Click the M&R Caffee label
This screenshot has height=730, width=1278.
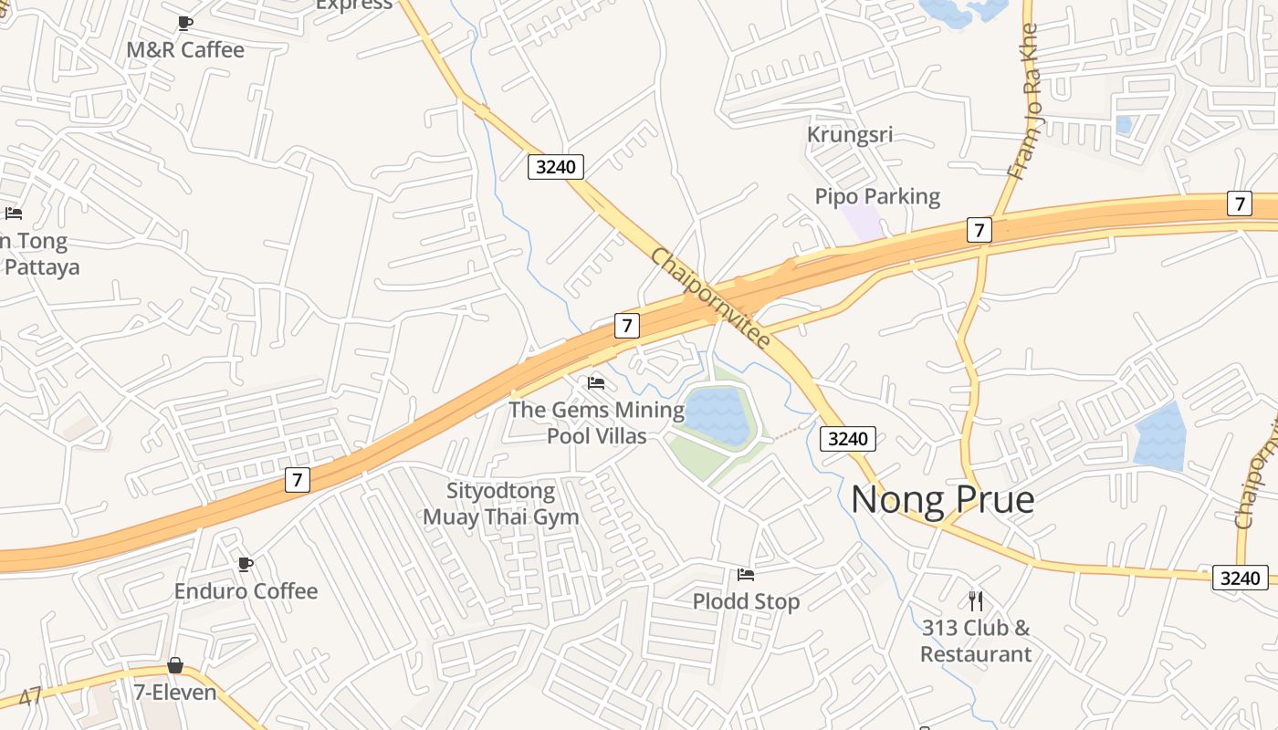(185, 50)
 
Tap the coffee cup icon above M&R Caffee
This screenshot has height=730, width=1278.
(185, 23)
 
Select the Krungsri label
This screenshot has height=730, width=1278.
(849, 135)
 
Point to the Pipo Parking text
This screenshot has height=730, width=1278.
(876, 196)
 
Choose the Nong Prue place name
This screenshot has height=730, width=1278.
(942, 500)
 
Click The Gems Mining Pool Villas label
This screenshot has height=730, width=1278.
(596, 422)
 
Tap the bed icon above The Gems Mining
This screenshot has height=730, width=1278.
(596, 383)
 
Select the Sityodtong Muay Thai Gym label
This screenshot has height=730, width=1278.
(501, 504)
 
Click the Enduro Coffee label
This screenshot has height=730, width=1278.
(246, 591)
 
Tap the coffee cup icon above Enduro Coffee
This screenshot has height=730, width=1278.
(245, 564)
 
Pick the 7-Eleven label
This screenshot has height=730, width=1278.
(175, 693)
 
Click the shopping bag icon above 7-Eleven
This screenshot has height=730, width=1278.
(175, 666)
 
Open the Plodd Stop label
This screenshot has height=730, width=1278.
(746, 601)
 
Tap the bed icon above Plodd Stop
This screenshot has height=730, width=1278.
(746, 575)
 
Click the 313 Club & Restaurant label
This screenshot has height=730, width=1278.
(976, 641)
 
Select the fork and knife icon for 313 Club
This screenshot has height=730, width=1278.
(976, 600)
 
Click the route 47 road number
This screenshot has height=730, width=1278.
(30, 698)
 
